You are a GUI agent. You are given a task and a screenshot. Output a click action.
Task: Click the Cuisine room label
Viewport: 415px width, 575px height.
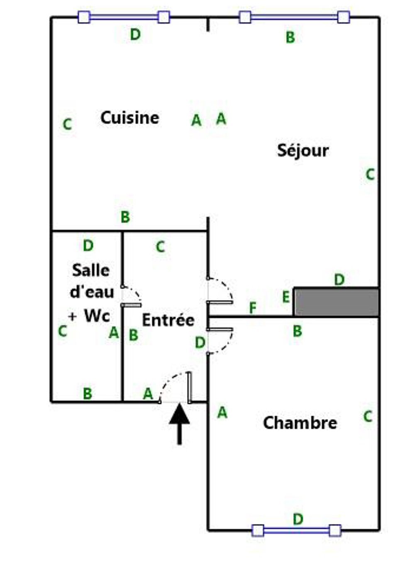(x=129, y=118)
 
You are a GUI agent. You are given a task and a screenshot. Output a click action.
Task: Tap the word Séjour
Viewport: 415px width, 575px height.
(x=303, y=150)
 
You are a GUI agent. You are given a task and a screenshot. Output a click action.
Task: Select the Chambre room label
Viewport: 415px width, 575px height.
(x=300, y=423)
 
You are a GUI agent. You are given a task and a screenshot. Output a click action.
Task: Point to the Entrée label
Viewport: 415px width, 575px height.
(x=168, y=320)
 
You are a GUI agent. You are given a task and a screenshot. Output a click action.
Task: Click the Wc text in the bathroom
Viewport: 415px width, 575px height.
(x=97, y=316)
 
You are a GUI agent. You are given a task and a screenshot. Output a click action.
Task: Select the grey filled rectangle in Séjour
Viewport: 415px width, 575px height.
(x=336, y=302)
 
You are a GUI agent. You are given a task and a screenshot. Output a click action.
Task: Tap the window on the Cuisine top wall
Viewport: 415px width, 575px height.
(x=124, y=17)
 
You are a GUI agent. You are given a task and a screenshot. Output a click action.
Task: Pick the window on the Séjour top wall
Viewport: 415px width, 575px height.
(x=294, y=17)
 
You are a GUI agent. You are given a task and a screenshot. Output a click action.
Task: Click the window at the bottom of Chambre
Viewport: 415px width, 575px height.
(x=296, y=530)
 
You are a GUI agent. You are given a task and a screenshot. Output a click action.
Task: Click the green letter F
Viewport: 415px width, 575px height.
(x=252, y=308)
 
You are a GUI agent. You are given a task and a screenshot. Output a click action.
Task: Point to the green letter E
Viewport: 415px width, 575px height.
(x=286, y=297)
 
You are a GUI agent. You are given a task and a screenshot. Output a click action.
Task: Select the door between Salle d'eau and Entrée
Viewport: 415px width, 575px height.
(x=131, y=305)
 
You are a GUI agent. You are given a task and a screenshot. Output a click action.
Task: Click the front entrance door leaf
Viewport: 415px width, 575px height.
(x=190, y=387)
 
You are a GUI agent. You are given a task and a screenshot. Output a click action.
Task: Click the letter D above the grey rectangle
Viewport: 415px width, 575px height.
(x=339, y=280)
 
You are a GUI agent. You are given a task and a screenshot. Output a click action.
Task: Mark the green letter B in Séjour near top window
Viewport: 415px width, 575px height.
(x=290, y=37)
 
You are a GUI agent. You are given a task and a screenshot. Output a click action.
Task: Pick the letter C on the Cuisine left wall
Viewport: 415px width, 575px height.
(x=67, y=124)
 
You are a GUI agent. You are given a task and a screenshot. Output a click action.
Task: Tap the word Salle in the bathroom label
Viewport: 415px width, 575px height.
(x=91, y=270)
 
